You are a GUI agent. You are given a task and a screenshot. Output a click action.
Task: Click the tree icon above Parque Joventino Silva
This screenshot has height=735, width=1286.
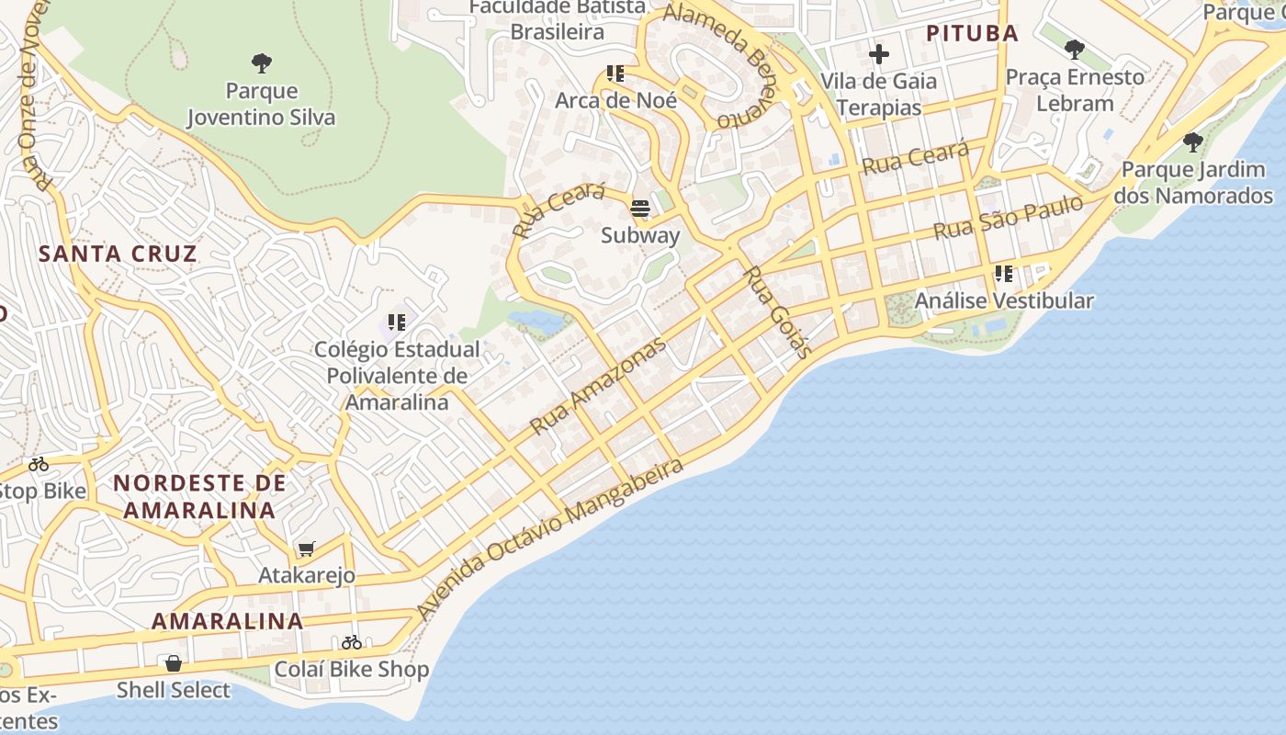pos(262,63)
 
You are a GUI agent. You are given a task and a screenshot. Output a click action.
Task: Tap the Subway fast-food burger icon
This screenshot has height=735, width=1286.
pos(640,209)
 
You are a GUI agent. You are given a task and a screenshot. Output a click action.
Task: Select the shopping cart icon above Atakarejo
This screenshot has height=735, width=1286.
pos(306,549)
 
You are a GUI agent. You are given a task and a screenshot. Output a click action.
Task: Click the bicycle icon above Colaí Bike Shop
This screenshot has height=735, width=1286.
pos(352,642)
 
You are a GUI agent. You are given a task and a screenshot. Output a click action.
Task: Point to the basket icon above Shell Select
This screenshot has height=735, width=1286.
pos(173,663)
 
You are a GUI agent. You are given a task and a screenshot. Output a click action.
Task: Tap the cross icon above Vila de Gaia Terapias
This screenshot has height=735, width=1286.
pos(879,54)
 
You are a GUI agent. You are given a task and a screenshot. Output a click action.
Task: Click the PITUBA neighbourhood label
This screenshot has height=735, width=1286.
pos(972,34)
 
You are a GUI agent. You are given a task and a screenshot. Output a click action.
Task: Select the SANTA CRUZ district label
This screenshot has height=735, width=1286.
pos(118,254)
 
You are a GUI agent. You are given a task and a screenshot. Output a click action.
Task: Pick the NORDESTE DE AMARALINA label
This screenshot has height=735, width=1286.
pos(199,496)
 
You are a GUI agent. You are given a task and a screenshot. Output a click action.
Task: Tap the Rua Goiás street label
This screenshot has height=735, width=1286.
pos(776,311)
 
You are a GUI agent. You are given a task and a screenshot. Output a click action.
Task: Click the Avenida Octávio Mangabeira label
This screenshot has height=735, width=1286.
pos(549,537)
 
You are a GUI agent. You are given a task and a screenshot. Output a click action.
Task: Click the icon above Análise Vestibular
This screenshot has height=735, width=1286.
pos(1004,274)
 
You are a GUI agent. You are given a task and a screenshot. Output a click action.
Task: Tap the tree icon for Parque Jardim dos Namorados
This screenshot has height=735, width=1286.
pos(1192,142)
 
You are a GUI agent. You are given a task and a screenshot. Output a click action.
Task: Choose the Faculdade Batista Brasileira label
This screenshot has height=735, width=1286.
pos(558,19)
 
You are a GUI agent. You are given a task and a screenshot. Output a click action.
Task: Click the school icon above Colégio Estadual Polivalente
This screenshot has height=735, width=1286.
pos(397,322)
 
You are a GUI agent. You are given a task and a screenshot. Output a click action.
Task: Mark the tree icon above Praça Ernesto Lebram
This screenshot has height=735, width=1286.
pos(1075,50)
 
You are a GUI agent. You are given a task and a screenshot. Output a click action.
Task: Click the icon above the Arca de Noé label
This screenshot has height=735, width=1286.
pos(615,73)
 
